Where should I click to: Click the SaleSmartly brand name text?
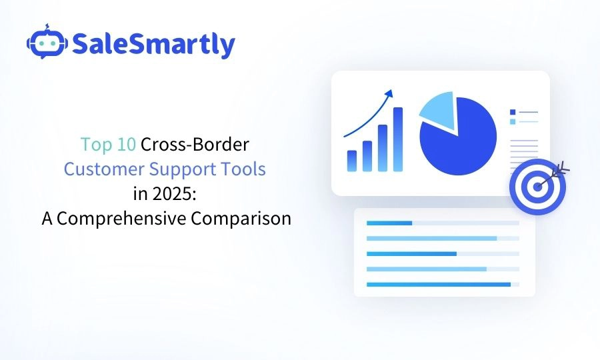[153, 44]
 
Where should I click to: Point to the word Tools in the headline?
[243, 169]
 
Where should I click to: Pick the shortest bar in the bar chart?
[351, 161]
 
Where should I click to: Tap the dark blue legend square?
[512, 112]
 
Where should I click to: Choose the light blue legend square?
[512, 121]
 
